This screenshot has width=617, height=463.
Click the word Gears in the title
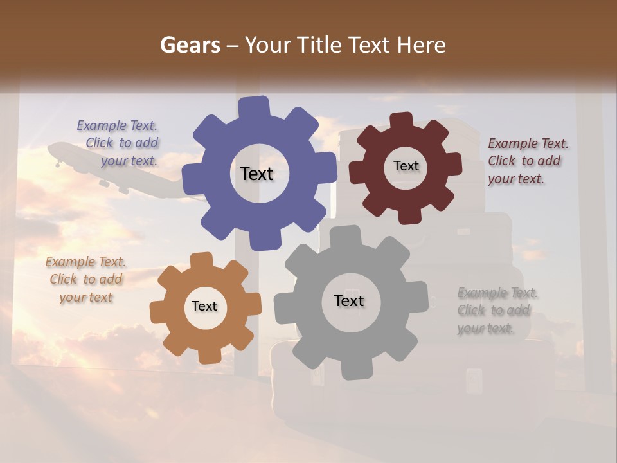click(190, 45)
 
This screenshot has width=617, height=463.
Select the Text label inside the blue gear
click(256, 174)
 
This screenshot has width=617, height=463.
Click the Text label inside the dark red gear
click(406, 166)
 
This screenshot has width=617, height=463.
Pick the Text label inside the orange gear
click(204, 306)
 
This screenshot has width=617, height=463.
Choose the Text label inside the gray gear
click(348, 300)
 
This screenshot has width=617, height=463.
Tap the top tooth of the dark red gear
click(402, 120)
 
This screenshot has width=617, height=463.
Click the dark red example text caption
click(527, 161)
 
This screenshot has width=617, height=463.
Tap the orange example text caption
click(85, 279)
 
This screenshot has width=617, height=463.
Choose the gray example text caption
click(496, 311)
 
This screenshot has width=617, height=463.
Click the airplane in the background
click(109, 167)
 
